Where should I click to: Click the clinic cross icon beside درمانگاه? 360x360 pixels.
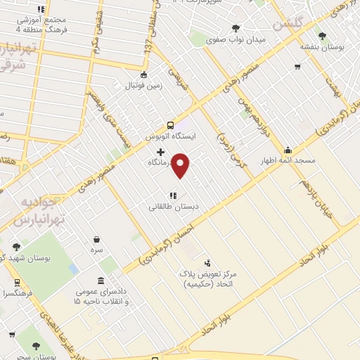[160, 152]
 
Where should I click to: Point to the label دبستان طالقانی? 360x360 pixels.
[174, 207]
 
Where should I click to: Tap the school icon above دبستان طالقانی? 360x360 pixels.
[172, 196]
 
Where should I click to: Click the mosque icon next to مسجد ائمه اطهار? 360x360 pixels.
[288, 150]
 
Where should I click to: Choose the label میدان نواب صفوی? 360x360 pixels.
[236, 40]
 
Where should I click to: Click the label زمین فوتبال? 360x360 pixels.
[143, 86]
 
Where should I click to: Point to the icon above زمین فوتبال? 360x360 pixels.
[143, 75]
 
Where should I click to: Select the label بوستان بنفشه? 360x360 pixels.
[321, 46]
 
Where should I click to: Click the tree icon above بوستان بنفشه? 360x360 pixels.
[322, 36]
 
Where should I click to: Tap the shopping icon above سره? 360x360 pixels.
[96, 239]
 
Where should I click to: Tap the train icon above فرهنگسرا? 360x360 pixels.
[16, 283]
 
